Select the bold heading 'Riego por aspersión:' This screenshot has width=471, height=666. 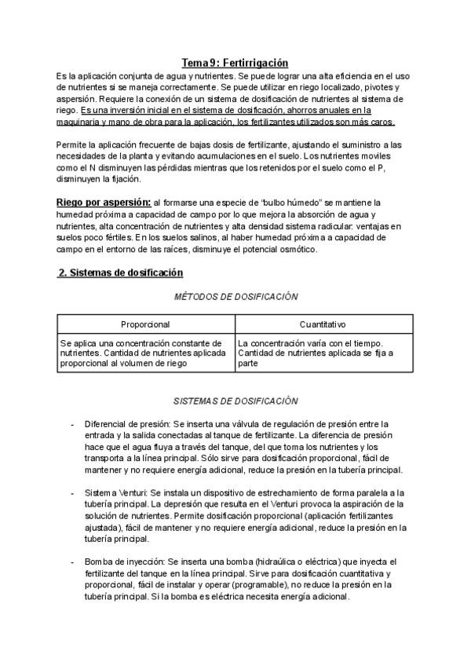[104, 203]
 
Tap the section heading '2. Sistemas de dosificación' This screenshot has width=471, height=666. [121, 273]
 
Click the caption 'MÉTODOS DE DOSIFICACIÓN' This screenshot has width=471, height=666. [236, 297]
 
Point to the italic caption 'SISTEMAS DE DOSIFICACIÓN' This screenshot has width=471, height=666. [235, 401]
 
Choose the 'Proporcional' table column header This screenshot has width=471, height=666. [145, 324]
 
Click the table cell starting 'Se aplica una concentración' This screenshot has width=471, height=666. [145, 353]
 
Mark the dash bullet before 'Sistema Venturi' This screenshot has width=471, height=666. [73, 492]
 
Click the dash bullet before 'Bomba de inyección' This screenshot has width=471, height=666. [73, 562]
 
